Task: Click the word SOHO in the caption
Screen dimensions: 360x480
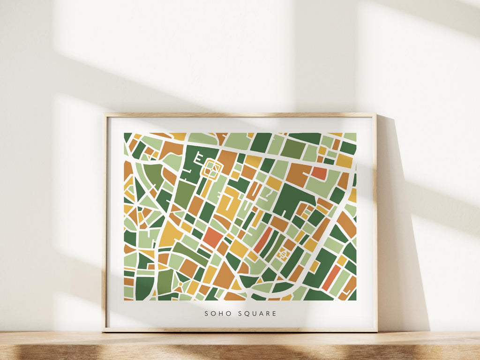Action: point(215,314)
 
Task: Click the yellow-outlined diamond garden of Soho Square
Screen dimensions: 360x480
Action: point(211,169)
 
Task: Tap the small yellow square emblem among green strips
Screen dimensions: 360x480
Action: point(283,255)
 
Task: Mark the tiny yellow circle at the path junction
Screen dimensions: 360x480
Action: point(180,285)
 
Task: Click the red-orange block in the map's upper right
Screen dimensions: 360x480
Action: point(319,173)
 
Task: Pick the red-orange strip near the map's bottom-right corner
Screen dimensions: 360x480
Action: point(331,278)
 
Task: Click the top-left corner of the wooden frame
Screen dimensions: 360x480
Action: point(105,114)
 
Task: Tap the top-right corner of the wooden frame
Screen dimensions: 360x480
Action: point(375,114)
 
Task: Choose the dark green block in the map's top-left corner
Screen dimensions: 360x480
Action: point(127,136)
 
